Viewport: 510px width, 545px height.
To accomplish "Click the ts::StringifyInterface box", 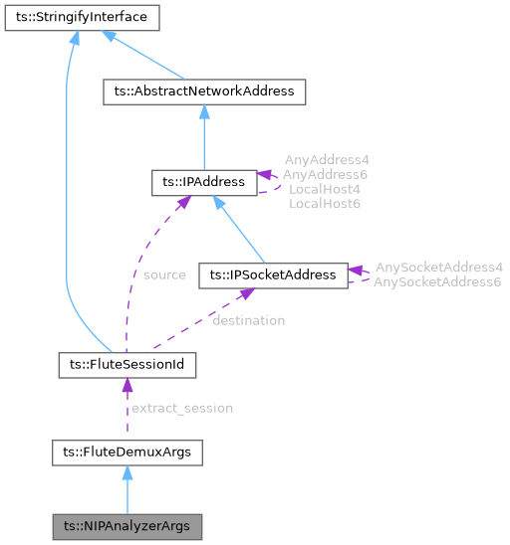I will tap(76, 17).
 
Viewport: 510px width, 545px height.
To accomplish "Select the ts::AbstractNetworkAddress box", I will tap(204, 91).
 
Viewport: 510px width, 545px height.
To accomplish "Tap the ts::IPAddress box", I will tap(203, 183).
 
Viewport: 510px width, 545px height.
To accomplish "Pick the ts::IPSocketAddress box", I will tap(273, 274).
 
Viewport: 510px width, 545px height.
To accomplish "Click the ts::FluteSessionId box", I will tap(127, 366).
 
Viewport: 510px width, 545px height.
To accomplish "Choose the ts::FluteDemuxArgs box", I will tap(127, 454).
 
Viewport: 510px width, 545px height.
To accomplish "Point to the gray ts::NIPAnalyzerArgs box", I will tap(127, 525).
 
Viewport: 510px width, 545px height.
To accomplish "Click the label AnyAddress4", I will tap(327, 159).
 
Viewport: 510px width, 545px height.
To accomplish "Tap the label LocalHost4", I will tap(325, 188).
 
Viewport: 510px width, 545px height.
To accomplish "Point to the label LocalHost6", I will tap(325, 203).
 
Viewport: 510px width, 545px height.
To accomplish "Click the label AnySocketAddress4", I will tap(438, 268).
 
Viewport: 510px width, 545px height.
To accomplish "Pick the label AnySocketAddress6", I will tap(438, 282).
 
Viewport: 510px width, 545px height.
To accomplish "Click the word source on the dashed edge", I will tap(164, 274).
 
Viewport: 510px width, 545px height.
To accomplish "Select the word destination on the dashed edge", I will tap(248, 320).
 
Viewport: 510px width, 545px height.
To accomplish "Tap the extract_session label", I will tap(182, 408).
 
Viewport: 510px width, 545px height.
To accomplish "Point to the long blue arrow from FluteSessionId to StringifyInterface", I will tap(67, 199).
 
